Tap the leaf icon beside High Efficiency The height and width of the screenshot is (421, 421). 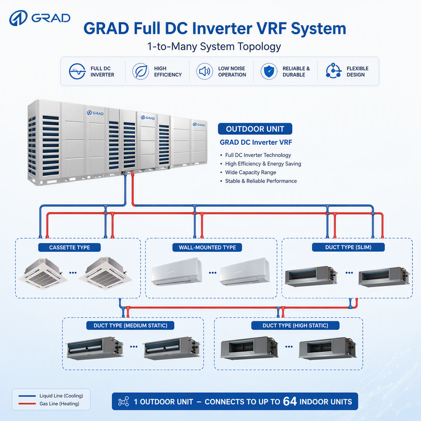140,71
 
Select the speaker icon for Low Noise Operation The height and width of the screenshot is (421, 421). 205,71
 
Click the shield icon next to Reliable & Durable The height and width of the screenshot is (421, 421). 269,71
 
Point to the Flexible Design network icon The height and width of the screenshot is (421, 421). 333,71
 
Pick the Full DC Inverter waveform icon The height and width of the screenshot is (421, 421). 77,71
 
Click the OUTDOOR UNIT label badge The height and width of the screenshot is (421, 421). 255,129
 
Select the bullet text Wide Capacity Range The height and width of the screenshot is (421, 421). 250,172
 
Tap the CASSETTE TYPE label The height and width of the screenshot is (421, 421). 70,247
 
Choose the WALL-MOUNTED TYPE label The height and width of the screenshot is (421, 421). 207,247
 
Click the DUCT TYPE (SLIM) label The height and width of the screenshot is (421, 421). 348,247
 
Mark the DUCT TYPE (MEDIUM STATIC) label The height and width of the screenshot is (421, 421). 130,325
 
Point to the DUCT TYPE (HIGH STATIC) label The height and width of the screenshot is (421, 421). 295,325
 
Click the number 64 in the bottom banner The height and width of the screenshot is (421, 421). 290,401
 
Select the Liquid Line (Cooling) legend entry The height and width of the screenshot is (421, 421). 51,396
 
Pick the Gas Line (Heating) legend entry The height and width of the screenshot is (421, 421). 49,403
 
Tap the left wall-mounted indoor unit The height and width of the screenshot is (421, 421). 176,271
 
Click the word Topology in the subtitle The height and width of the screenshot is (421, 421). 258,47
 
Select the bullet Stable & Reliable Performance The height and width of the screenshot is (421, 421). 260,181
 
